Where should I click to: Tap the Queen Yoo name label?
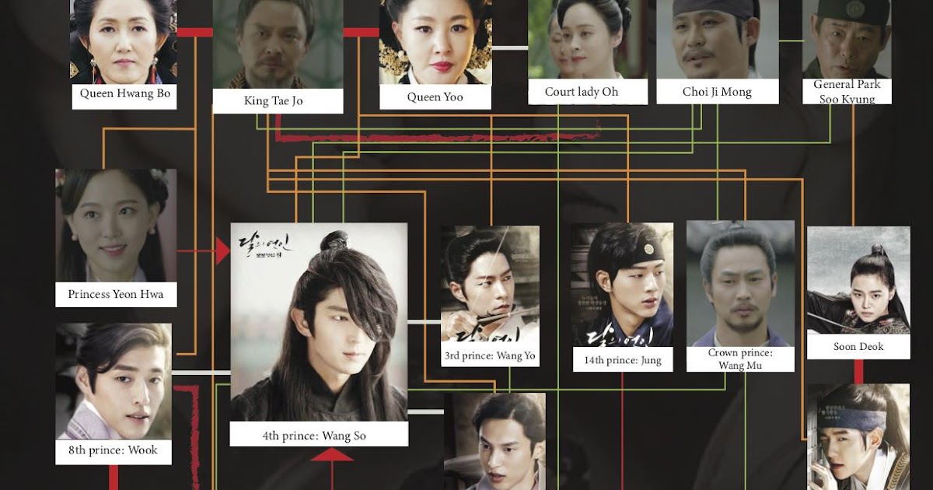tap(435, 97)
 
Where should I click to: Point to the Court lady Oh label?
tap(581, 92)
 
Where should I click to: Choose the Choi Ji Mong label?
tap(717, 92)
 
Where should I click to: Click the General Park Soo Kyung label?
tap(847, 91)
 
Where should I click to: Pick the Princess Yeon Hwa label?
tap(116, 295)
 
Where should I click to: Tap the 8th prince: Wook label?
tap(114, 450)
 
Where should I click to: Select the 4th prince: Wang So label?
tap(319, 436)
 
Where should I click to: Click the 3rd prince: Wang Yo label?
tap(490, 356)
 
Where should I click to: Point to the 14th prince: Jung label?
tap(622, 360)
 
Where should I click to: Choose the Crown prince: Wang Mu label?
tap(740, 359)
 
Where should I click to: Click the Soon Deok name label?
tap(858, 347)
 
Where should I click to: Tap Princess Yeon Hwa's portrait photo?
tap(115, 225)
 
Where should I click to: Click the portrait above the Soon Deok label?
tap(858, 280)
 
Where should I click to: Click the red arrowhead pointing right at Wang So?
tap(223, 251)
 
